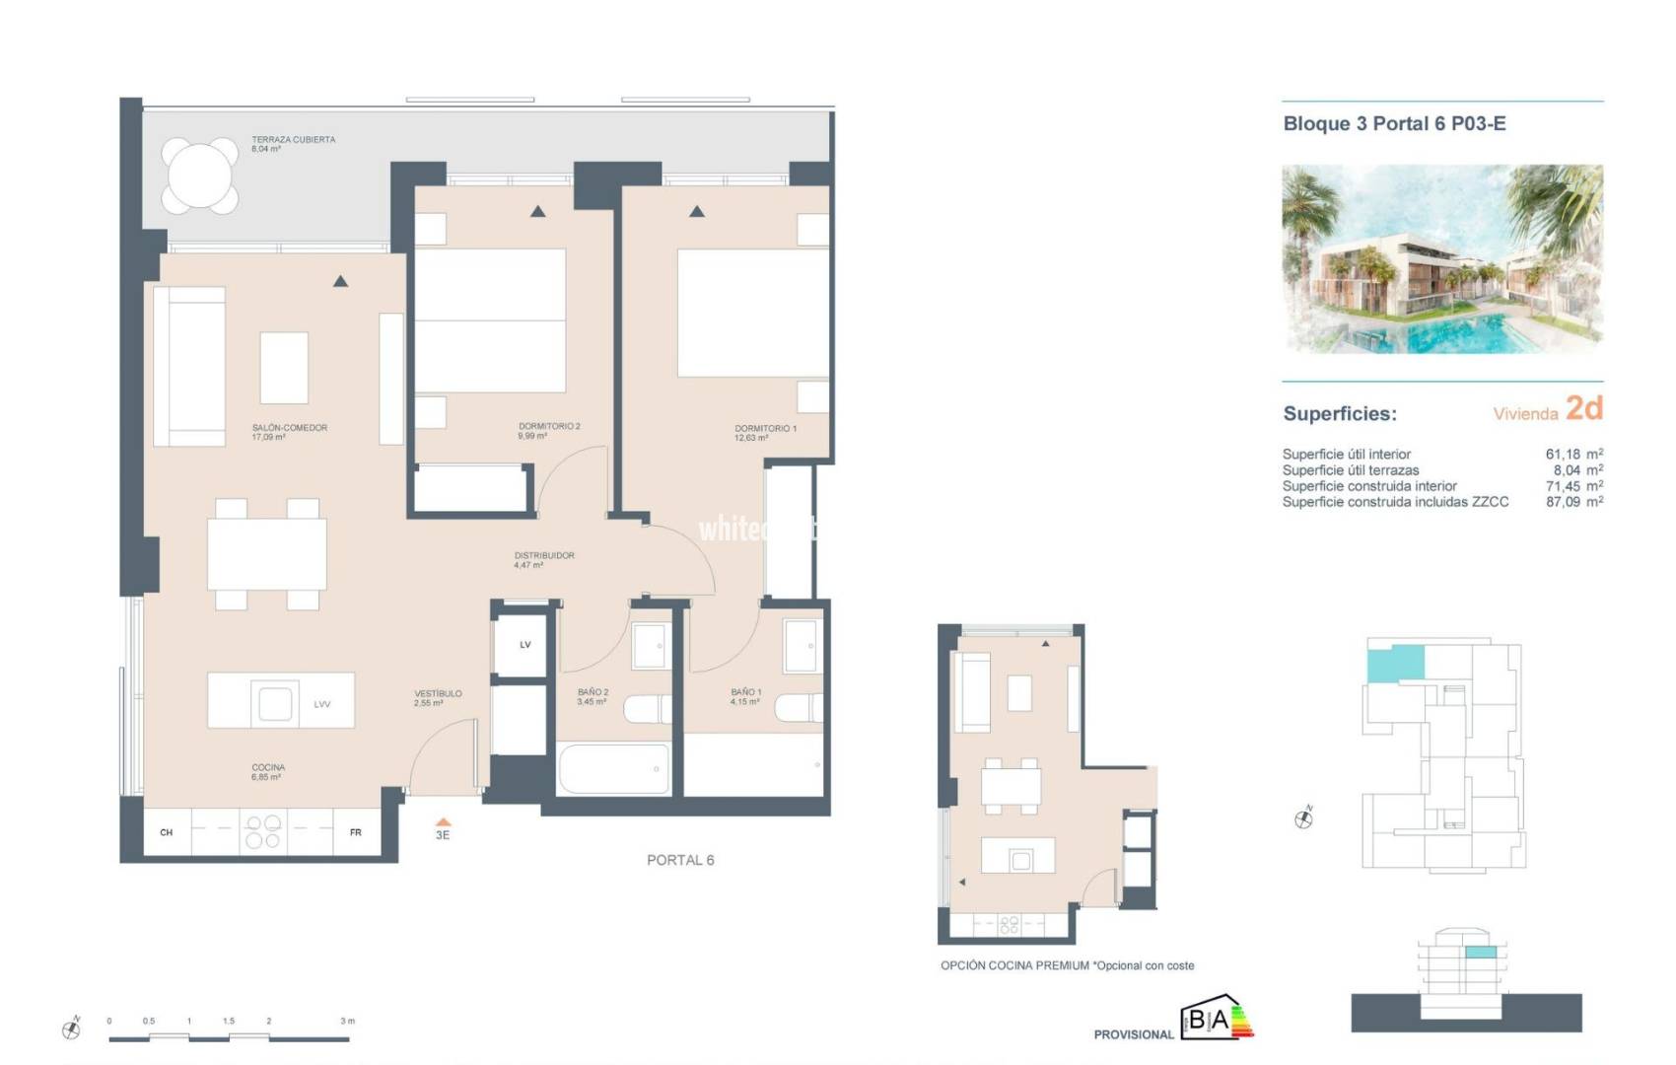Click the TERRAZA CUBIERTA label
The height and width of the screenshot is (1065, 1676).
(x=293, y=140)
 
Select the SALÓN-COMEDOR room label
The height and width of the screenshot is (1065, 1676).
(x=289, y=428)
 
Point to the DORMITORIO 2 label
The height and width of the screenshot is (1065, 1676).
(x=549, y=427)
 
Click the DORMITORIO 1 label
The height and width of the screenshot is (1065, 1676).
(x=765, y=429)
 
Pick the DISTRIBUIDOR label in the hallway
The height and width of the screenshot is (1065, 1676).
(x=543, y=556)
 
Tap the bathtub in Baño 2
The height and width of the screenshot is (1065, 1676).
(x=613, y=769)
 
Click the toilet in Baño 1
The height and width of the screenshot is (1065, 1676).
(x=800, y=708)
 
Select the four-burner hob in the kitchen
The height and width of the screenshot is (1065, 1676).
(x=263, y=831)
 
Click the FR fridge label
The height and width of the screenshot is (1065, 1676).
(x=355, y=833)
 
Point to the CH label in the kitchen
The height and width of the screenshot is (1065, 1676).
(x=166, y=833)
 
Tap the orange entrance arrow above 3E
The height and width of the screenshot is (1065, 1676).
(x=443, y=821)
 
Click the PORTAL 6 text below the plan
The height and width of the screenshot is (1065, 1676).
(x=680, y=860)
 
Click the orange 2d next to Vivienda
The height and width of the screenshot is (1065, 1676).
(x=1583, y=408)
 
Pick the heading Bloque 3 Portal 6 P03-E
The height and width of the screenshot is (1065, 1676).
(x=1394, y=124)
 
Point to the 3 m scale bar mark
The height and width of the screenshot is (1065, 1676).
(x=347, y=1022)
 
